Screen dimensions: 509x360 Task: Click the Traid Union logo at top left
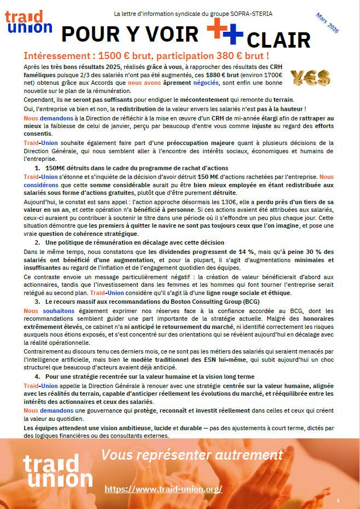click(28, 21)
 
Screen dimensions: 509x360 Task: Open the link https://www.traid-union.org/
click(163, 489)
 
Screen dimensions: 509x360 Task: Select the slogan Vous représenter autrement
click(191, 455)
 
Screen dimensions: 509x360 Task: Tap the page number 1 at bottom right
click(339, 500)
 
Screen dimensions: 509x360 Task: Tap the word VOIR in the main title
click(165, 34)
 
